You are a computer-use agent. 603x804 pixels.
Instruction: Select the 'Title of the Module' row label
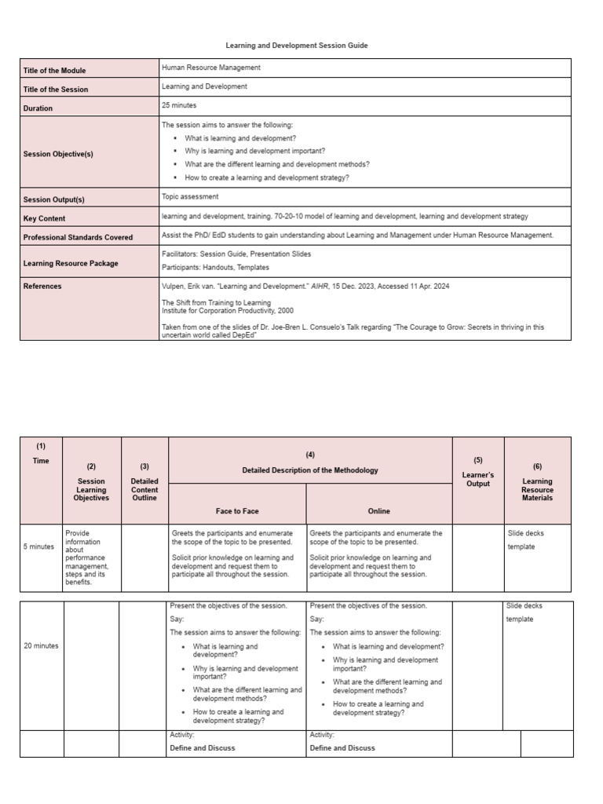coord(56,71)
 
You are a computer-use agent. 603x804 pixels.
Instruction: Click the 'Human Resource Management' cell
coord(211,68)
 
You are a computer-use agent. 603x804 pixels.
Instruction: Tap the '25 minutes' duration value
coord(179,105)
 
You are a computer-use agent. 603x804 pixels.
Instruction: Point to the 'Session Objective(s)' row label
coord(58,154)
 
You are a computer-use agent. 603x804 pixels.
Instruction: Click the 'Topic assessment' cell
coord(190,197)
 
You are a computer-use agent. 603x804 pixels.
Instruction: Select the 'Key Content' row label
coord(45,218)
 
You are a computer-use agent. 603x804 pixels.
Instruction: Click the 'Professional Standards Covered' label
coord(78,237)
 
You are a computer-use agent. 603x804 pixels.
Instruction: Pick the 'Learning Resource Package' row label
coord(71,264)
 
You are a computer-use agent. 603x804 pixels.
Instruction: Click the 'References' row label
coord(42,287)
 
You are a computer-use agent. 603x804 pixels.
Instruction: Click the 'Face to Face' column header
coord(237,511)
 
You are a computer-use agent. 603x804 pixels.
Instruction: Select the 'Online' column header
coord(378,511)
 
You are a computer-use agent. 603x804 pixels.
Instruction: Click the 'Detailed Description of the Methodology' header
coord(310,470)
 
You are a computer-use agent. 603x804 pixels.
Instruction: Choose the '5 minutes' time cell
coord(38,546)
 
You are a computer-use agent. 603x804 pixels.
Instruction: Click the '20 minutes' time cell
coord(41,646)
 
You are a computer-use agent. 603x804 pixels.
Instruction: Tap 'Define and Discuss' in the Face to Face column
coord(203,748)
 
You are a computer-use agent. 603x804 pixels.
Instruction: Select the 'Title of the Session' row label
coord(56,90)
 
